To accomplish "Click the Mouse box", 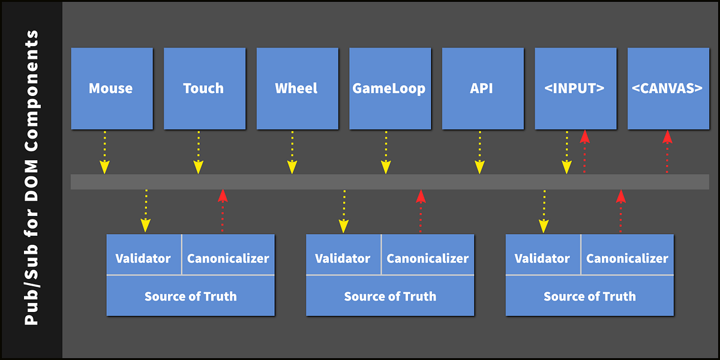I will (x=112, y=88).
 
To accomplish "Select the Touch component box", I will (x=204, y=88).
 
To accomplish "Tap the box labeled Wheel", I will (x=297, y=88).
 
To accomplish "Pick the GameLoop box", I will (x=389, y=88).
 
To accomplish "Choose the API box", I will (x=482, y=88).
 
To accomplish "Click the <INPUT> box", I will (x=575, y=88).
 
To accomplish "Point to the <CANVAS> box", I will (x=667, y=88).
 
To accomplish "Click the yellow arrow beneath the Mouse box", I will (x=105, y=152).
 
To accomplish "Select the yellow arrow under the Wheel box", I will (x=292, y=152).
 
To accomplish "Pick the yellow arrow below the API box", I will (x=479, y=152).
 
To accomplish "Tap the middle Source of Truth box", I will (x=390, y=296).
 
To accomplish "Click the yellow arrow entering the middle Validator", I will (x=344, y=211).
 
